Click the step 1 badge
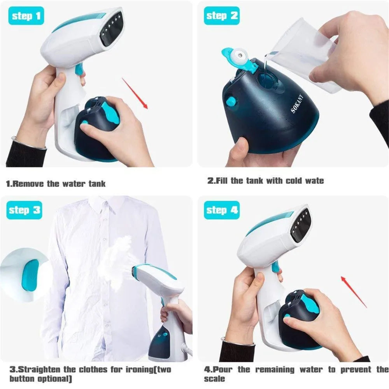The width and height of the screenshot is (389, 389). click(26, 16)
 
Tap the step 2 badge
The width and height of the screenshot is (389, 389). click(222, 16)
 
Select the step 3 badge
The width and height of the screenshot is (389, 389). click(24, 210)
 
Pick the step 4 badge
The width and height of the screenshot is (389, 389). click(222, 210)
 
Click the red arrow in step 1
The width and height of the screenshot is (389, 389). click(135, 93)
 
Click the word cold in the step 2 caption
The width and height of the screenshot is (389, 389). click(295, 180)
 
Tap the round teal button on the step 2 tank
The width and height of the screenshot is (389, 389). click(231, 102)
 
